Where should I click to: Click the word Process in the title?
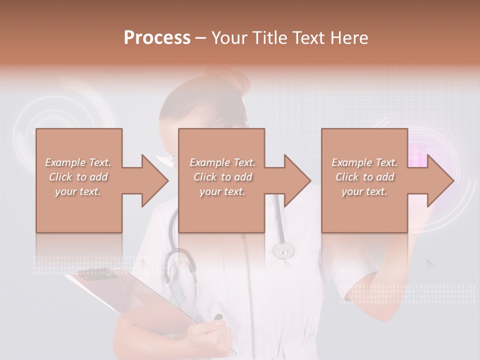click(x=157, y=38)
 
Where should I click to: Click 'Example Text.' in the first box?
click(x=78, y=162)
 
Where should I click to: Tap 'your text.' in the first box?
click(x=78, y=191)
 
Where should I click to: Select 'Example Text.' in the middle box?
click(x=222, y=162)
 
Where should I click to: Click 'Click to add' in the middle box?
click(x=222, y=177)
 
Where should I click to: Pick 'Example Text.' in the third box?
click(x=364, y=162)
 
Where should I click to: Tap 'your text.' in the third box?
click(x=364, y=191)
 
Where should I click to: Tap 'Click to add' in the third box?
click(x=364, y=177)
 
